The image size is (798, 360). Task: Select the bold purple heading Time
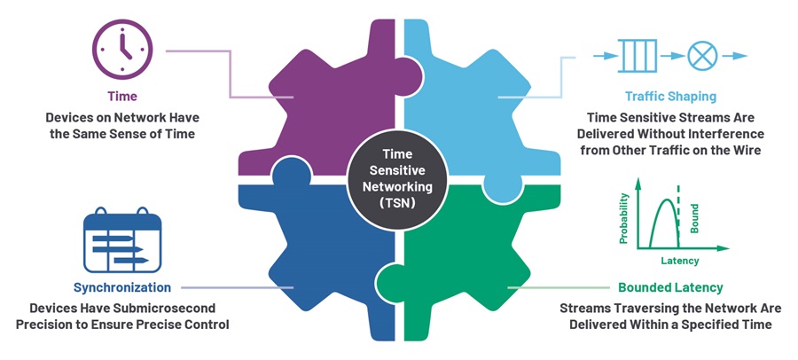click(x=121, y=96)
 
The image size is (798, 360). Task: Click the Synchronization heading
click(x=122, y=288)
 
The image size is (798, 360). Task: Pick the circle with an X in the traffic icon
click(x=701, y=55)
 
